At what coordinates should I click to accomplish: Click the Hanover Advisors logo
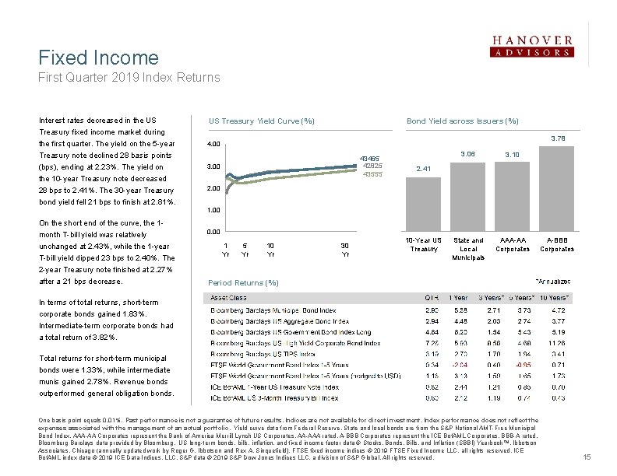click(x=532, y=47)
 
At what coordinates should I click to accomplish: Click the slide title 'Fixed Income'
click(x=98, y=58)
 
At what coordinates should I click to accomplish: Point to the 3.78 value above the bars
click(x=559, y=139)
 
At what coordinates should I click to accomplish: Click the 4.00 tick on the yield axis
click(x=213, y=144)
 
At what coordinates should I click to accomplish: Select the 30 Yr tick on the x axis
click(x=345, y=249)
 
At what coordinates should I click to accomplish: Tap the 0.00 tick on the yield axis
click(x=213, y=232)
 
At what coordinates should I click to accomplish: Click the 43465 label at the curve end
click(x=369, y=159)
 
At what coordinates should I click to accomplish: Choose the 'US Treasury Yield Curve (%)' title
click(x=261, y=121)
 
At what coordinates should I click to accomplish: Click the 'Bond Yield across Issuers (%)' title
click(x=463, y=121)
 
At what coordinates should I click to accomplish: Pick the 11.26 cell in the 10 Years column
click(x=558, y=343)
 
